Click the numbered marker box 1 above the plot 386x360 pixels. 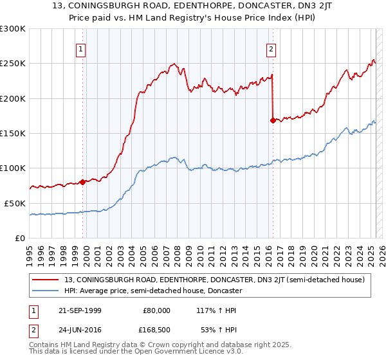coord(82,48)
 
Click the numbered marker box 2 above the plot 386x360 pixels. coord(271,48)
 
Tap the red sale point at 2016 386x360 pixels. coord(273,120)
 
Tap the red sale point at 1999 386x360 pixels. coord(83,182)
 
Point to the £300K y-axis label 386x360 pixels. coord(13,29)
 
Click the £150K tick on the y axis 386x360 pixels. coord(13,134)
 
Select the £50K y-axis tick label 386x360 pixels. coord(15,203)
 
